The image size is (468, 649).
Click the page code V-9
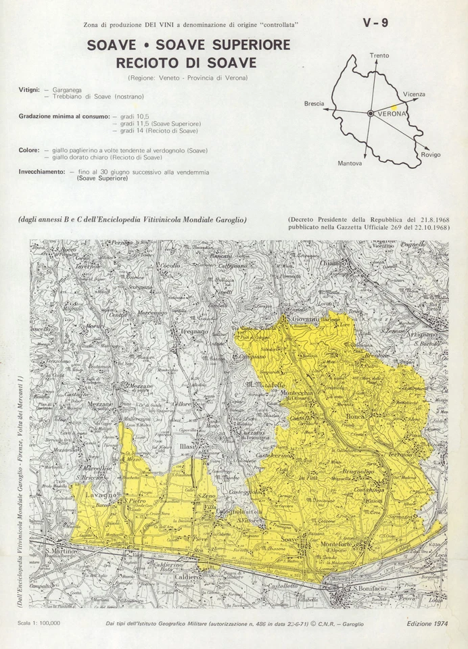(375, 23)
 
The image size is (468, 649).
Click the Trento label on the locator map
(379, 55)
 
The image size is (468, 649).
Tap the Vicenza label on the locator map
(414, 94)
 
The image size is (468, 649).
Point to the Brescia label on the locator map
(314, 103)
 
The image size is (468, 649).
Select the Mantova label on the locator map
(350, 163)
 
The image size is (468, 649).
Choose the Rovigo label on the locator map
(430, 155)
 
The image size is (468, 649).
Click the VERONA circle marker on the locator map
(371, 114)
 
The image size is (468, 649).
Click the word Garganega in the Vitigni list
(67, 89)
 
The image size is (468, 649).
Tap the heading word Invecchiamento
(42, 172)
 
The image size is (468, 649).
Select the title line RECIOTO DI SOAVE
(187, 63)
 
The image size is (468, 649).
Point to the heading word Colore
(29, 150)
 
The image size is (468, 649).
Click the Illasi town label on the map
(187, 447)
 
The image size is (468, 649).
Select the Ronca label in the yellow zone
(356, 417)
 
